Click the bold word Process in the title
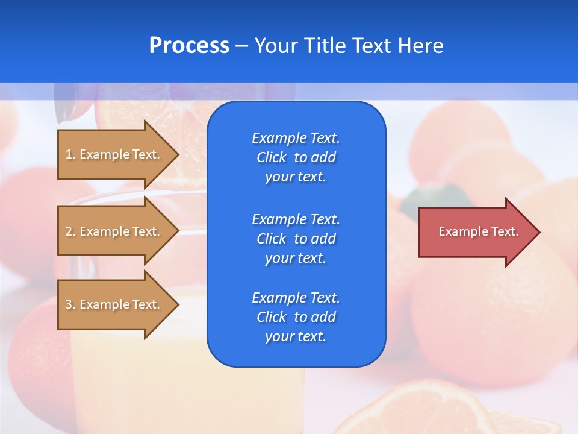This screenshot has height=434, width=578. (x=189, y=46)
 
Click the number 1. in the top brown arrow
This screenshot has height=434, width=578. (x=70, y=154)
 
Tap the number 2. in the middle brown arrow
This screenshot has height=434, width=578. (x=70, y=231)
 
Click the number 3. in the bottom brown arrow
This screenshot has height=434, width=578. (x=70, y=304)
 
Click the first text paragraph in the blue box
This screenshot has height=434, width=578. (x=296, y=157)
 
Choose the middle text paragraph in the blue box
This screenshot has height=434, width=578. (x=296, y=239)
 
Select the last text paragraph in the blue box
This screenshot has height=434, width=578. (x=296, y=317)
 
